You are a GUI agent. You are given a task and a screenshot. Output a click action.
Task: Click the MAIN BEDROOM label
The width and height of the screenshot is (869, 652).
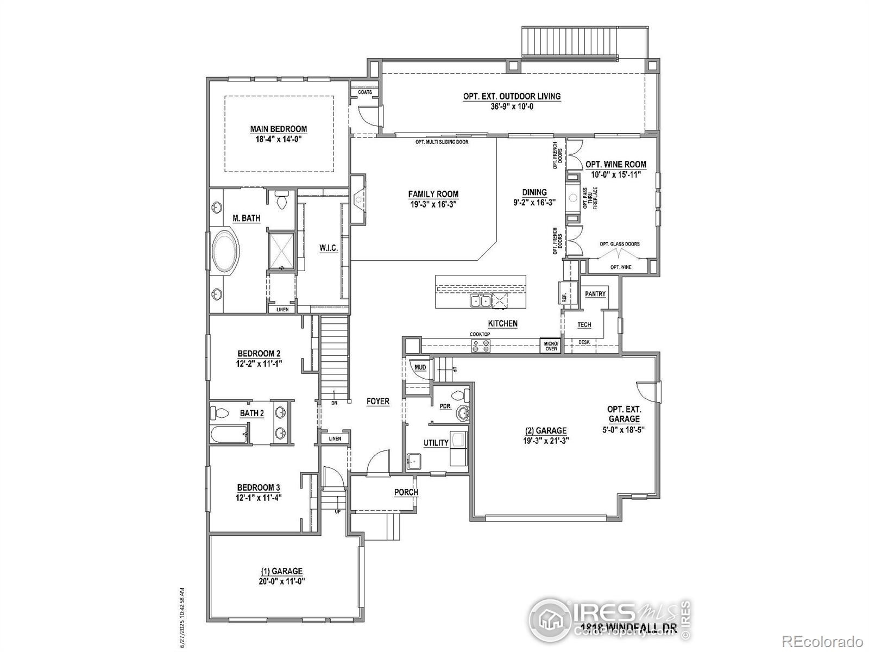[278, 129]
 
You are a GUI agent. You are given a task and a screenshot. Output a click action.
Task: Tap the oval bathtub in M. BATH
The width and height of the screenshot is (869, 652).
[225, 252]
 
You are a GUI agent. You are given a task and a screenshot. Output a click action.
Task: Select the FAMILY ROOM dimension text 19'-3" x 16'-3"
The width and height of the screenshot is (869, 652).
[433, 204]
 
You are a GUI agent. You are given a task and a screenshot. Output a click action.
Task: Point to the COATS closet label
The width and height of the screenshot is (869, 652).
[365, 92]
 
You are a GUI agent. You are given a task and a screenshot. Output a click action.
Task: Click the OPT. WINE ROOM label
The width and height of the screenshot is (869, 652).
[615, 164]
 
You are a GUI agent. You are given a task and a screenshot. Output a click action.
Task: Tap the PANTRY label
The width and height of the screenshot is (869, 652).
[595, 294]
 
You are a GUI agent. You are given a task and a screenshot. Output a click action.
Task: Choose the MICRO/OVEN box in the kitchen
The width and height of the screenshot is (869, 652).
[551, 346]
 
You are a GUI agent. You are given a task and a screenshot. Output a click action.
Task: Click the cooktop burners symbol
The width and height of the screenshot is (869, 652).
[481, 346]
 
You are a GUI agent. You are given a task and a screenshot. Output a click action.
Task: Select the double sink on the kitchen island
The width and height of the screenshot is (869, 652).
[480, 300]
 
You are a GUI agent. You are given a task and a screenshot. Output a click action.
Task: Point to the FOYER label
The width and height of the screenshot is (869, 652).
[377, 402]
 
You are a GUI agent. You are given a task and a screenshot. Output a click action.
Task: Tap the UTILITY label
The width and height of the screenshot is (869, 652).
[436, 443]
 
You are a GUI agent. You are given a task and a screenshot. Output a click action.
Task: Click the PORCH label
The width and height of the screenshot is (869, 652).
[406, 492]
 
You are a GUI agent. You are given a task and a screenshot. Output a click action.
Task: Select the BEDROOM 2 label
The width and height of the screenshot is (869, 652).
[259, 353]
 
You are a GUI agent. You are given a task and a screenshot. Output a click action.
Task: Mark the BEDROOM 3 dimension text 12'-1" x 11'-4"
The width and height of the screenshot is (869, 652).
[259, 497]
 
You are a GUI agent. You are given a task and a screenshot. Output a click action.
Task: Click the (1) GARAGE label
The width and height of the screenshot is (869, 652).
[281, 571]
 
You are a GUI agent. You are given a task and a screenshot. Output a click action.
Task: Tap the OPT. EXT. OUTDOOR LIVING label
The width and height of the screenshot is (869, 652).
[512, 96]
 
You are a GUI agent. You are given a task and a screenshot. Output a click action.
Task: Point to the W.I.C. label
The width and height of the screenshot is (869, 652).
[329, 248]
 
